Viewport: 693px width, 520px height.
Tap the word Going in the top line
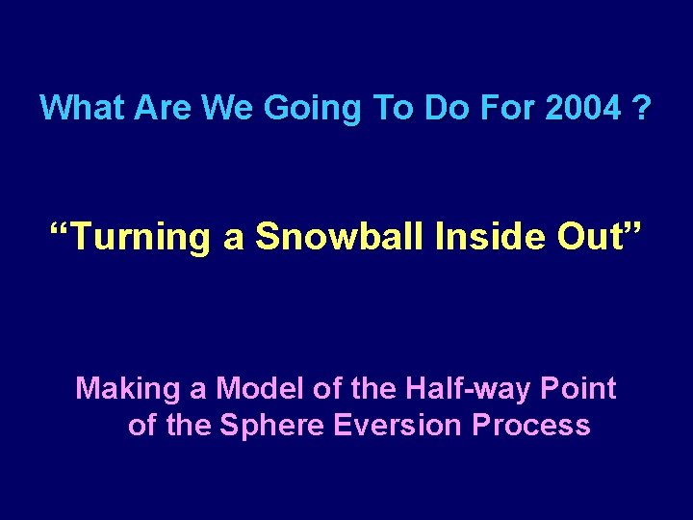309,108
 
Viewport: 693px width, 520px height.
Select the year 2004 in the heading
582,108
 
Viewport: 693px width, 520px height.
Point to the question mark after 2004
641,108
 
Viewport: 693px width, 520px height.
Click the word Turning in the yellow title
140,236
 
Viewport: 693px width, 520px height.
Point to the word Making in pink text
128,389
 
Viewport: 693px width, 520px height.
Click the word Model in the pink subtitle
251,389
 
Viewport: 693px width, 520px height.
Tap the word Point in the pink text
577,389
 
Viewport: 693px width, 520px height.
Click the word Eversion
399,425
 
